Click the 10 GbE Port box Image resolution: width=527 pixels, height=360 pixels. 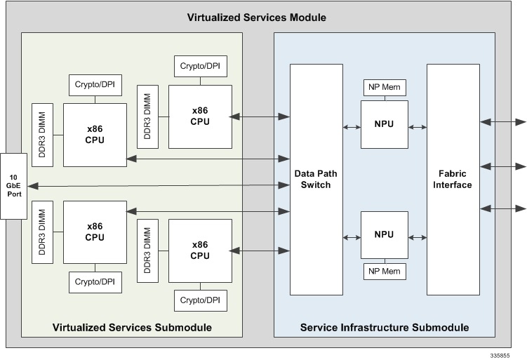click(x=13, y=185)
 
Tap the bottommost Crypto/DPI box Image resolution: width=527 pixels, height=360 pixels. click(x=200, y=300)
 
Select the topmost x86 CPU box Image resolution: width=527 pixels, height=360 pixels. click(x=200, y=116)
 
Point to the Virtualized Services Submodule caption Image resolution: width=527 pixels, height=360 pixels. click(x=131, y=328)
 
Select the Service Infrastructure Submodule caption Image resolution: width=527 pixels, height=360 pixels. click(x=384, y=328)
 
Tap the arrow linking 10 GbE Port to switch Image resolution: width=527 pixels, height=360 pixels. click(x=159, y=185)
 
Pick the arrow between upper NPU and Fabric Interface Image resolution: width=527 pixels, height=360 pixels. click(x=417, y=127)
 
